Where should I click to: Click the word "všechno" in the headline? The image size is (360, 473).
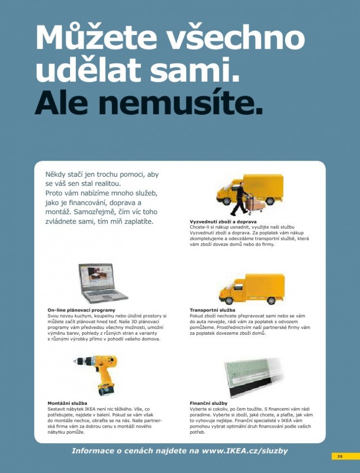tap(235, 37)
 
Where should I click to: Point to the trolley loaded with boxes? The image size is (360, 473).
tap(255, 203)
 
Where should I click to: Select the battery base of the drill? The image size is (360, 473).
tap(106, 390)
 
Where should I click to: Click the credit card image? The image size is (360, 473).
tap(254, 378)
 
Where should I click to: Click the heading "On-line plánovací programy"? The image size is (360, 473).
tap(81, 310)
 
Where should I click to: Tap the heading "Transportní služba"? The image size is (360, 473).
tap(213, 310)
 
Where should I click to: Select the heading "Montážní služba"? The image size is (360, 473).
tap(67, 403)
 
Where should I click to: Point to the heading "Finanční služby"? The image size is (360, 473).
tap(209, 403)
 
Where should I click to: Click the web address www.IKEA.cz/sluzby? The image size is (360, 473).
tap(245, 451)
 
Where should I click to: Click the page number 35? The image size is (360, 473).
tap(340, 456)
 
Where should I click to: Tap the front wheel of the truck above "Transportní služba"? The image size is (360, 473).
tap(229, 300)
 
